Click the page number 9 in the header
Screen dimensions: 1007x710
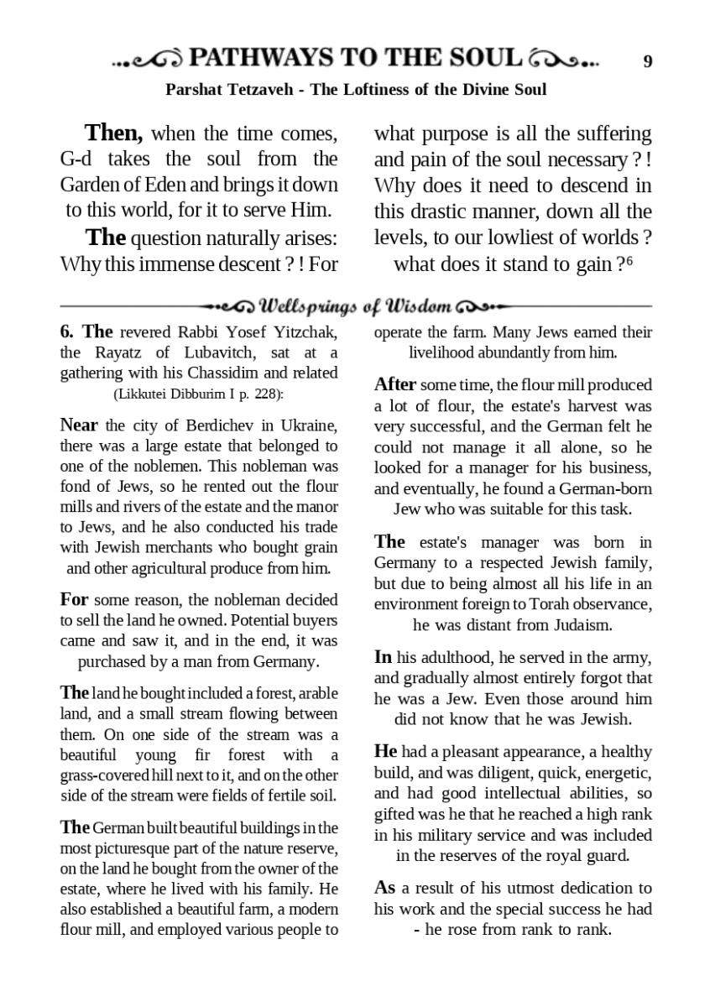648,60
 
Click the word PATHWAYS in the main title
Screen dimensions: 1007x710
258,58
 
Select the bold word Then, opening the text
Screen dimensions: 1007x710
113,133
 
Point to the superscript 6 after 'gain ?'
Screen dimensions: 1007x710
629,262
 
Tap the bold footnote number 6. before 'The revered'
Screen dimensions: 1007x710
68,332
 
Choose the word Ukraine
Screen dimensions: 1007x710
311,425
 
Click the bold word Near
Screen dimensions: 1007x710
79,425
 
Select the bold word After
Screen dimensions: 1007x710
394,385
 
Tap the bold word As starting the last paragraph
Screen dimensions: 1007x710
384,888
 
